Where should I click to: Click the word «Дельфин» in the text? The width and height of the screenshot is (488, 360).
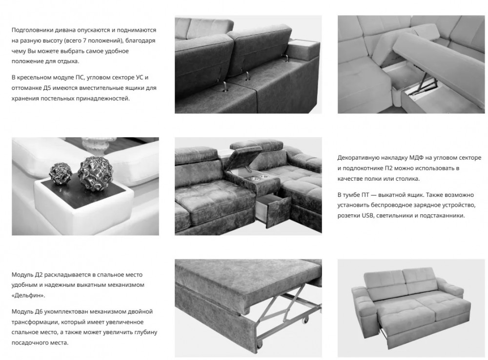coord(28,295)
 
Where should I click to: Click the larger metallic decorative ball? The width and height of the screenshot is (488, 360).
coord(92,172)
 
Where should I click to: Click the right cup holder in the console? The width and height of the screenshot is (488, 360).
coord(264,177)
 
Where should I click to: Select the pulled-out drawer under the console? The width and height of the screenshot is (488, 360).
coord(274,207)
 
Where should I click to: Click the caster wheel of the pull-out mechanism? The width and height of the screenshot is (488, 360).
coord(305,320)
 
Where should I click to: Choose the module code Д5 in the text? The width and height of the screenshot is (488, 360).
coord(47,88)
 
